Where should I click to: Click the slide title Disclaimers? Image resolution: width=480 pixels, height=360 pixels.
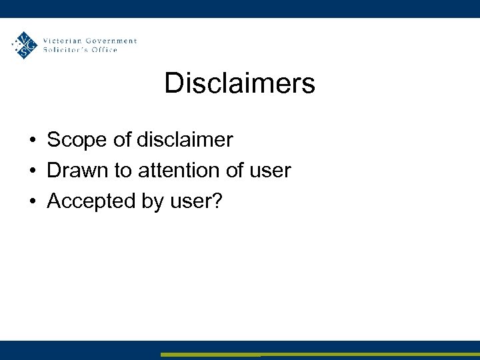coord(239,84)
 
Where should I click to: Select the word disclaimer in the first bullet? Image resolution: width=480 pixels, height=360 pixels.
coord(185,140)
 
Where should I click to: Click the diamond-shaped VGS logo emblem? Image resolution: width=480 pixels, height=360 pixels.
coord(25,45)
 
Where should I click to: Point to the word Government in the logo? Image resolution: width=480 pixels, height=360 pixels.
coord(111,41)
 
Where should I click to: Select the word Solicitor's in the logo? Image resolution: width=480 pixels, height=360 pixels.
coord(65,50)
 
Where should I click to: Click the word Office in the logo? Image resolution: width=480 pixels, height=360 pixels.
coord(105,50)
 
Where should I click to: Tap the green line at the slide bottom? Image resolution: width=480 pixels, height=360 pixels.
coord(320,355)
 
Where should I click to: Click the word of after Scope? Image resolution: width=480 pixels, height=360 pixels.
coord(119,140)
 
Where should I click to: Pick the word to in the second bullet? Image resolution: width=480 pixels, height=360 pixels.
coord(123,171)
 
